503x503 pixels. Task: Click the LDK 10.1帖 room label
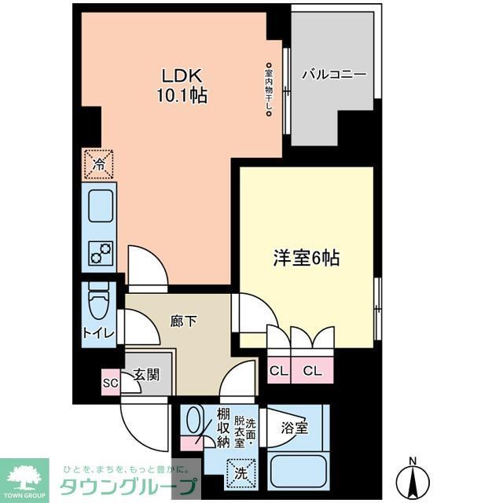[x=184, y=86]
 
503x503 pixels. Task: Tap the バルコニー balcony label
[x=334, y=75]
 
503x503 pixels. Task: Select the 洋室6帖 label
[x=306, y=258]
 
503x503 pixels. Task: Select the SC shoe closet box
[x=110, y=383]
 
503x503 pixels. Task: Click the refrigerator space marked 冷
[x=99, y=164]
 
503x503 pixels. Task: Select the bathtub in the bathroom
[x=297, y=472]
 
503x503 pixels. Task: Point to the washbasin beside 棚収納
[x=193, y=421]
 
